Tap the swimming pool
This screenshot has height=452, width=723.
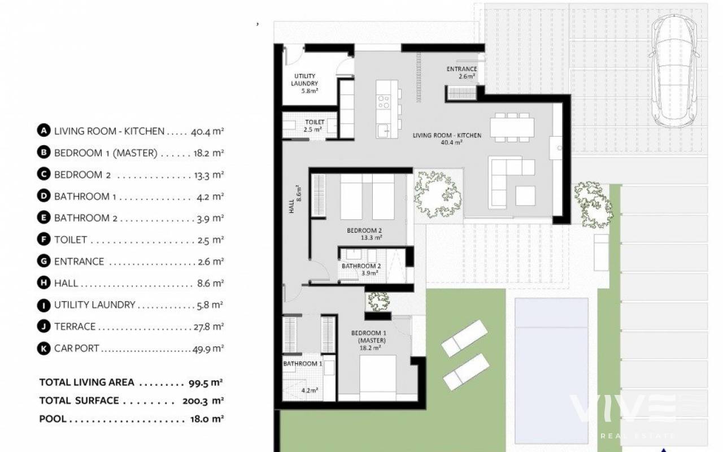click(551, 371)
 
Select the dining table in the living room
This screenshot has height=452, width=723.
click(512, 128)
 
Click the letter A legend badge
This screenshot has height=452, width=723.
click(43, 131)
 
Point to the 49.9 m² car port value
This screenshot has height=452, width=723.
click(208, 349)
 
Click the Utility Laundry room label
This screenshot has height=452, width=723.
click(304, 83)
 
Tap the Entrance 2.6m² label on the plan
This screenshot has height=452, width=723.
click(461, 73)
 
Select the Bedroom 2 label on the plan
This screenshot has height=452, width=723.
click(365, 234)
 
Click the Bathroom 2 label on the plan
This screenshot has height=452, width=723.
click(361, 270)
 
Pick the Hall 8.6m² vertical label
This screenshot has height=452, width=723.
click(295, 199)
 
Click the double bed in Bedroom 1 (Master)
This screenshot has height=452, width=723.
click(378, 378)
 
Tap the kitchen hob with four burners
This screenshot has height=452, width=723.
click(384, 102)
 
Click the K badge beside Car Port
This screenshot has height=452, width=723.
click(43, 349)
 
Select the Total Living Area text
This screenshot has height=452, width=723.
click(86, 383)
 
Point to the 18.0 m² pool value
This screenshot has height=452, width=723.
click(207, 419)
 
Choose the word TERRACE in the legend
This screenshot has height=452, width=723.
click(75, 327)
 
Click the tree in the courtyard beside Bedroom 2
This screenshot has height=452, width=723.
click(438, 194)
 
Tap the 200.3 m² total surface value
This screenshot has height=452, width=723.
click(203, 401)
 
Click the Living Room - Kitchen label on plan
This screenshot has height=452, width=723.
click(447, 138)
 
